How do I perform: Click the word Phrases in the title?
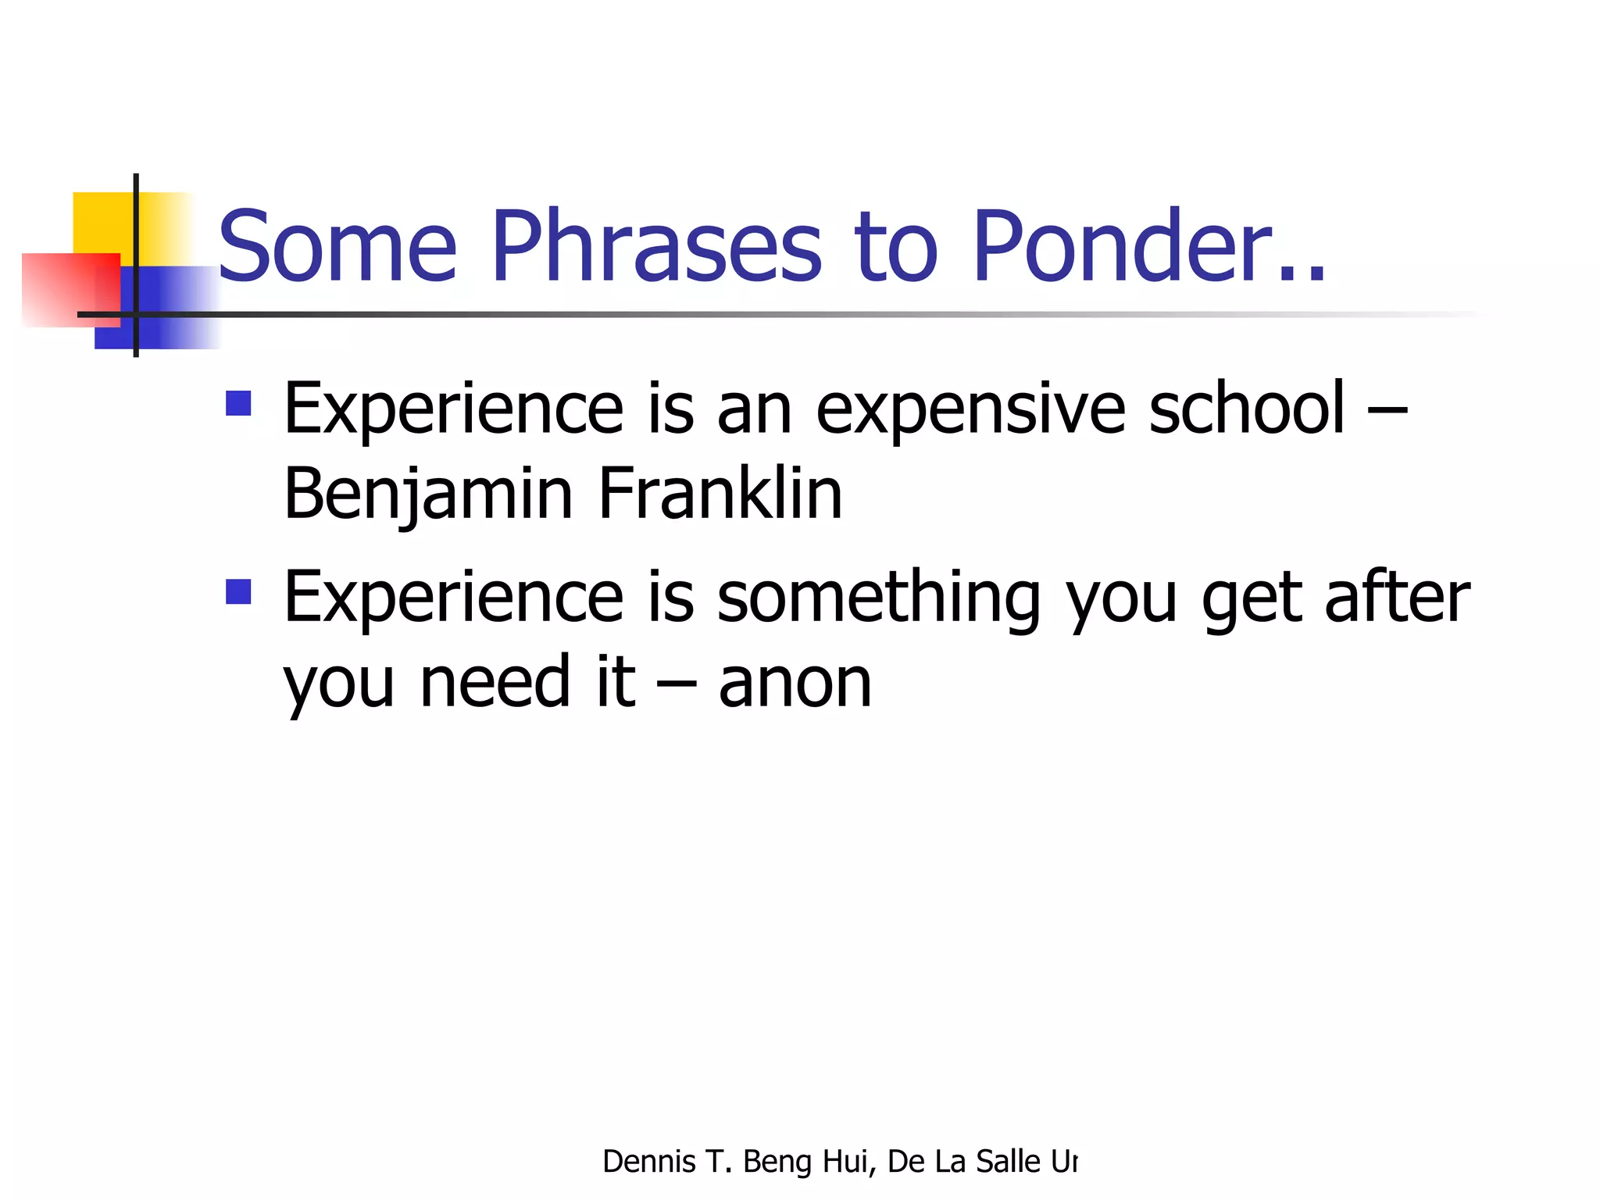656,246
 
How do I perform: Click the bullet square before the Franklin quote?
238,403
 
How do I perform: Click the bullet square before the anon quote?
238,591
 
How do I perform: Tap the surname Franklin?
720,494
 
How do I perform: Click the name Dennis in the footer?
648,1162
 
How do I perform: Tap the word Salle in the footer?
1008,1162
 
